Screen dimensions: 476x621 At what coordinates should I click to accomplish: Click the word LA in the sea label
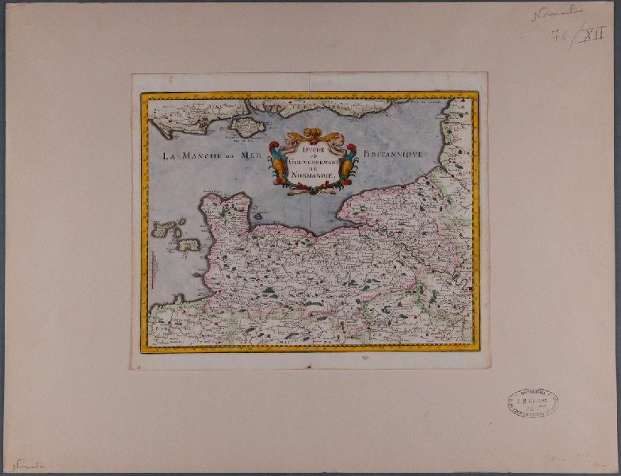[x=168, y=155]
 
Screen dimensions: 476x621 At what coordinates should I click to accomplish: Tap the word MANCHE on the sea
[x=199, y=155]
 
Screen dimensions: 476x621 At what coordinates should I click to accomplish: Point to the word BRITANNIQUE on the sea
[x=396, y=152]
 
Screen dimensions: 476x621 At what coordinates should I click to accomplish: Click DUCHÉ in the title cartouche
[x=311, y=148]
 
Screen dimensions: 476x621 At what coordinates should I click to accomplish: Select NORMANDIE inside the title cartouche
[x=311, y=175]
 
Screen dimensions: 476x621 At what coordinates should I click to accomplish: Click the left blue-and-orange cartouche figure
[x=277, y=163]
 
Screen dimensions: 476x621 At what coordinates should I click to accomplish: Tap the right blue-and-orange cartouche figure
[x=348, y=162]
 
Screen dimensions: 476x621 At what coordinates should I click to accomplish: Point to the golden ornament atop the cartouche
[x=312, y=135]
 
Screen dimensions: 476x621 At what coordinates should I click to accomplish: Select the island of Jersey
[x=189, y=245]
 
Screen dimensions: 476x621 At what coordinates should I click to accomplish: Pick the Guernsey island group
[x=164, y=229]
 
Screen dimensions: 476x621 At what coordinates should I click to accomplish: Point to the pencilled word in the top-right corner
[x=556, y=13]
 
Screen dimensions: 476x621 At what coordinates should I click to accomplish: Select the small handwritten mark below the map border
[x=311, y=359]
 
